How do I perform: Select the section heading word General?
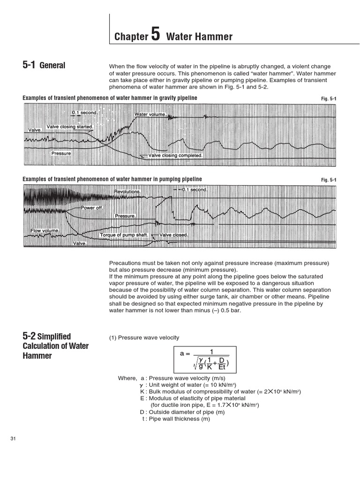pos(52,66)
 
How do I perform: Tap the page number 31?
pos(13,438)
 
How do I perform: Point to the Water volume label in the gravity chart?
pos(150,114)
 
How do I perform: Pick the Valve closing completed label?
pos(175,155)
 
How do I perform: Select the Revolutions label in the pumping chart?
pos(127,192)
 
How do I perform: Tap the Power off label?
pos(92,208)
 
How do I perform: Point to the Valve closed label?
pos(174,235)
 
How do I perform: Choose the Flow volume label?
pos(45,231)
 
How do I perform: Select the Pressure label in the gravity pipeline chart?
pos(61,153)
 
